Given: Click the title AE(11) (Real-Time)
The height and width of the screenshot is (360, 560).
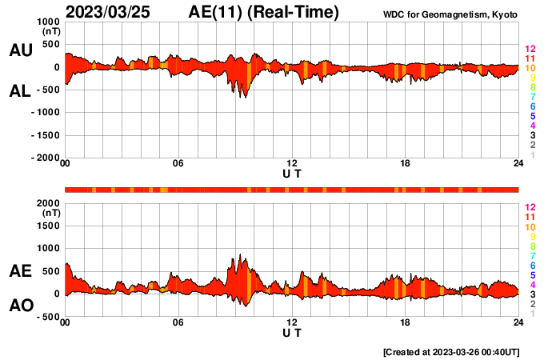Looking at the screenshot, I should pos(264,12).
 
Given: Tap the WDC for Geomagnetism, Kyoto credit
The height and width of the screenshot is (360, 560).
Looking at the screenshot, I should pos(451,14).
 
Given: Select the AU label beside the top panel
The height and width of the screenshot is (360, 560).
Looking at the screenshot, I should pos(20,50).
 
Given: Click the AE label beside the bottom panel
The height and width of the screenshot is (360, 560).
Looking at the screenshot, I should pos(20,271).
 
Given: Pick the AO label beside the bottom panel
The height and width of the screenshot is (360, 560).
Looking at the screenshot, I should pos(20,306).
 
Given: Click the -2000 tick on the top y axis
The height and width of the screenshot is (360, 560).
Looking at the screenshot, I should pos(46,158).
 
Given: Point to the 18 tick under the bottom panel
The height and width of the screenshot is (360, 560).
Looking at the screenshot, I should pos(405,322).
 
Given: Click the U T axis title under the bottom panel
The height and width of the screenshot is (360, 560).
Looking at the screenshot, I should pos(292,331).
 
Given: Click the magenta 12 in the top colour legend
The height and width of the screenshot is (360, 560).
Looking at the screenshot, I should pos(530,50).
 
